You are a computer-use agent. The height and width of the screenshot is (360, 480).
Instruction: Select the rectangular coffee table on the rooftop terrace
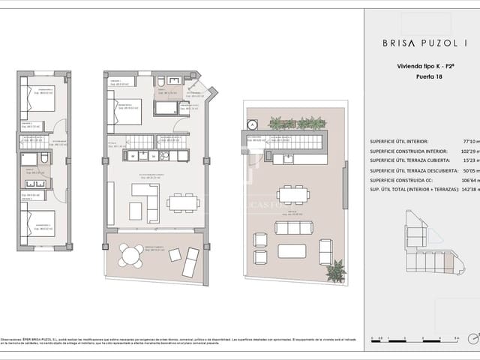(x=292, y=250)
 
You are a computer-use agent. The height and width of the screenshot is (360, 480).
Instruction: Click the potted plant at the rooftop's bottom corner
(x=335, y=271)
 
